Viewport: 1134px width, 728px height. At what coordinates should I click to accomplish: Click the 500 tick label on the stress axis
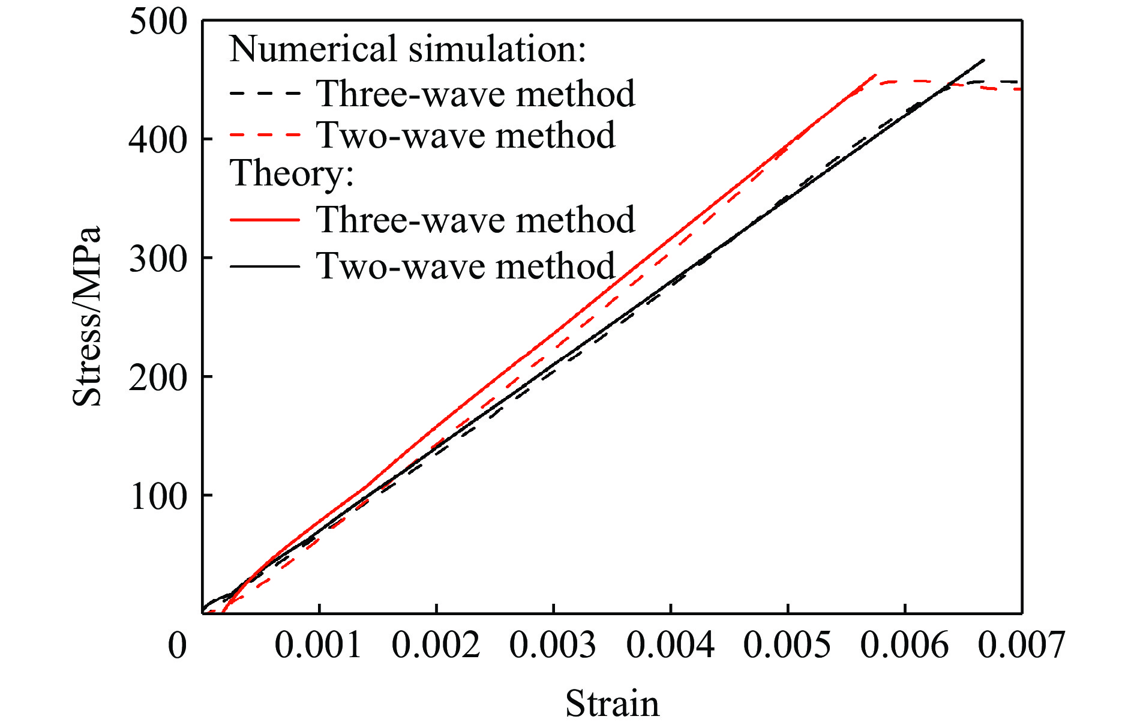158,23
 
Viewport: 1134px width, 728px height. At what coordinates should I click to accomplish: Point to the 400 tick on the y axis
158,140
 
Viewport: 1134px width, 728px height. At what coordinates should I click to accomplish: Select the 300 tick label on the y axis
158,259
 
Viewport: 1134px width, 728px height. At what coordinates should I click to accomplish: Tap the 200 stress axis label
158,378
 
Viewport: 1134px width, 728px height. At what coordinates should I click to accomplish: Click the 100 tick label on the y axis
158,496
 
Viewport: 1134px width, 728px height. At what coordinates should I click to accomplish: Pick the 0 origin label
178,646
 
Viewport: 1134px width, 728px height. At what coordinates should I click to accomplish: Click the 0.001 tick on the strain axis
318,646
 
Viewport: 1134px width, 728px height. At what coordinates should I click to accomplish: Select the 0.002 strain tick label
436,646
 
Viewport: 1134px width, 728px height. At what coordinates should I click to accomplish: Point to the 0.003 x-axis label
553,646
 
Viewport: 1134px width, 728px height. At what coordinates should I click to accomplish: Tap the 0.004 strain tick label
670,646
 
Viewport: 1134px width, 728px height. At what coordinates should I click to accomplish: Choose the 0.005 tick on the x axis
787,646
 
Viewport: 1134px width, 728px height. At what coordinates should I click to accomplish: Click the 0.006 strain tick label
904,646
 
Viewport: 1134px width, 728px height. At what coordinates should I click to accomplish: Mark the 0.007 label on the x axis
1021,646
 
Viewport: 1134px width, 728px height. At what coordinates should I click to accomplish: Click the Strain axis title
612,703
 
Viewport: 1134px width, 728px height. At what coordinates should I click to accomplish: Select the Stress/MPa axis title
87,316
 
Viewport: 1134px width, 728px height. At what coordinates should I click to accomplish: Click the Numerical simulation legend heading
407,49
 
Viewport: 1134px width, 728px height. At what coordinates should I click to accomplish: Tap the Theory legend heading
292,173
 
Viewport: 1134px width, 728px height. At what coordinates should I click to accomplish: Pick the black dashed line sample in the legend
265,94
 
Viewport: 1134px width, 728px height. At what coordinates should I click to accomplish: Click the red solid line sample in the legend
265,220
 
